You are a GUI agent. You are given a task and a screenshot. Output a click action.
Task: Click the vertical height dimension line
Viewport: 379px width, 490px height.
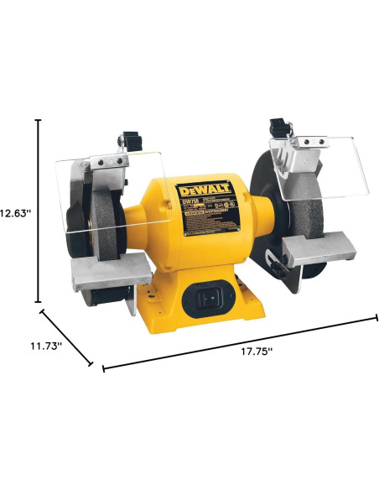point(38,210)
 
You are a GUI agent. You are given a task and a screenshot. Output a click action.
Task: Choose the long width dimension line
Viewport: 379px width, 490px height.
point(239,342)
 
